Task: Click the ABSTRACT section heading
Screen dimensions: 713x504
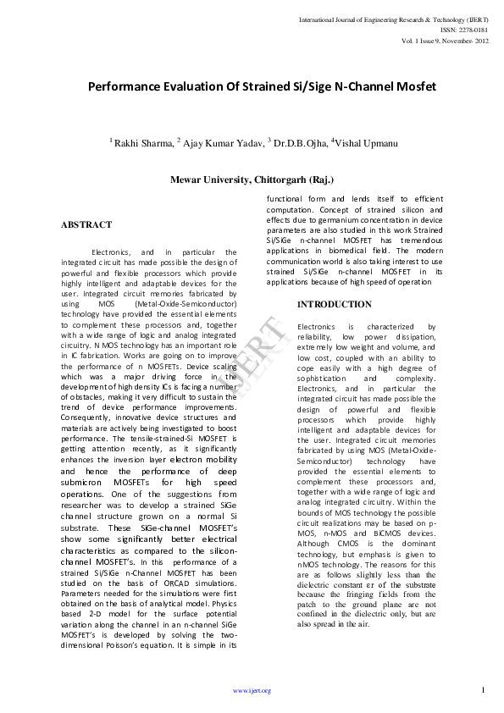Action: (86, 225)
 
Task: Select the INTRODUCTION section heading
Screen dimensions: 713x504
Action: (334, 304)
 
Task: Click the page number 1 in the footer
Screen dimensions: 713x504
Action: (483, 689)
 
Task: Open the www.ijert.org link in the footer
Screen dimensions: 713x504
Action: (252, 691)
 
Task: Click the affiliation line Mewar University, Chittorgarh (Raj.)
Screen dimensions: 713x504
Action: (252, 180)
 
